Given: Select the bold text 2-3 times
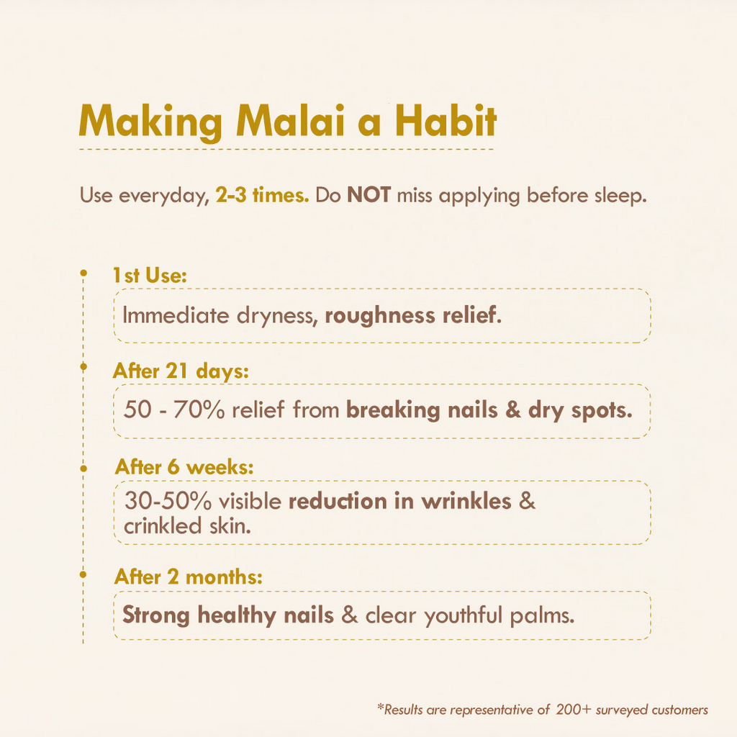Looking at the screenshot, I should [263, 196].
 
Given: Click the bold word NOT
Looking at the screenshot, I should [368, 196].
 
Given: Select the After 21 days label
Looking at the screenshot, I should [181, 371].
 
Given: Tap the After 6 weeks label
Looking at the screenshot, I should [184, 467].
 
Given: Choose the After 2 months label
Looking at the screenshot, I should [188, 577].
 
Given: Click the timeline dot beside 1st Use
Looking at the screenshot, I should [83, 273].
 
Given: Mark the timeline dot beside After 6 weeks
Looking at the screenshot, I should [83, 468].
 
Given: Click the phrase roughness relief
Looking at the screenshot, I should [411, 315].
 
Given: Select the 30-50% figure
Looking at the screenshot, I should [169, 501].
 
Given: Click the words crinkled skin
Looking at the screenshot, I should [187, 526].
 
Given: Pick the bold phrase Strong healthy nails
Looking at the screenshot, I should [227, 616].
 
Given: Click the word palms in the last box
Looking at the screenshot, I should [541, 616].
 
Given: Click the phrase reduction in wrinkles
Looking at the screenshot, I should [400, 501].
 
